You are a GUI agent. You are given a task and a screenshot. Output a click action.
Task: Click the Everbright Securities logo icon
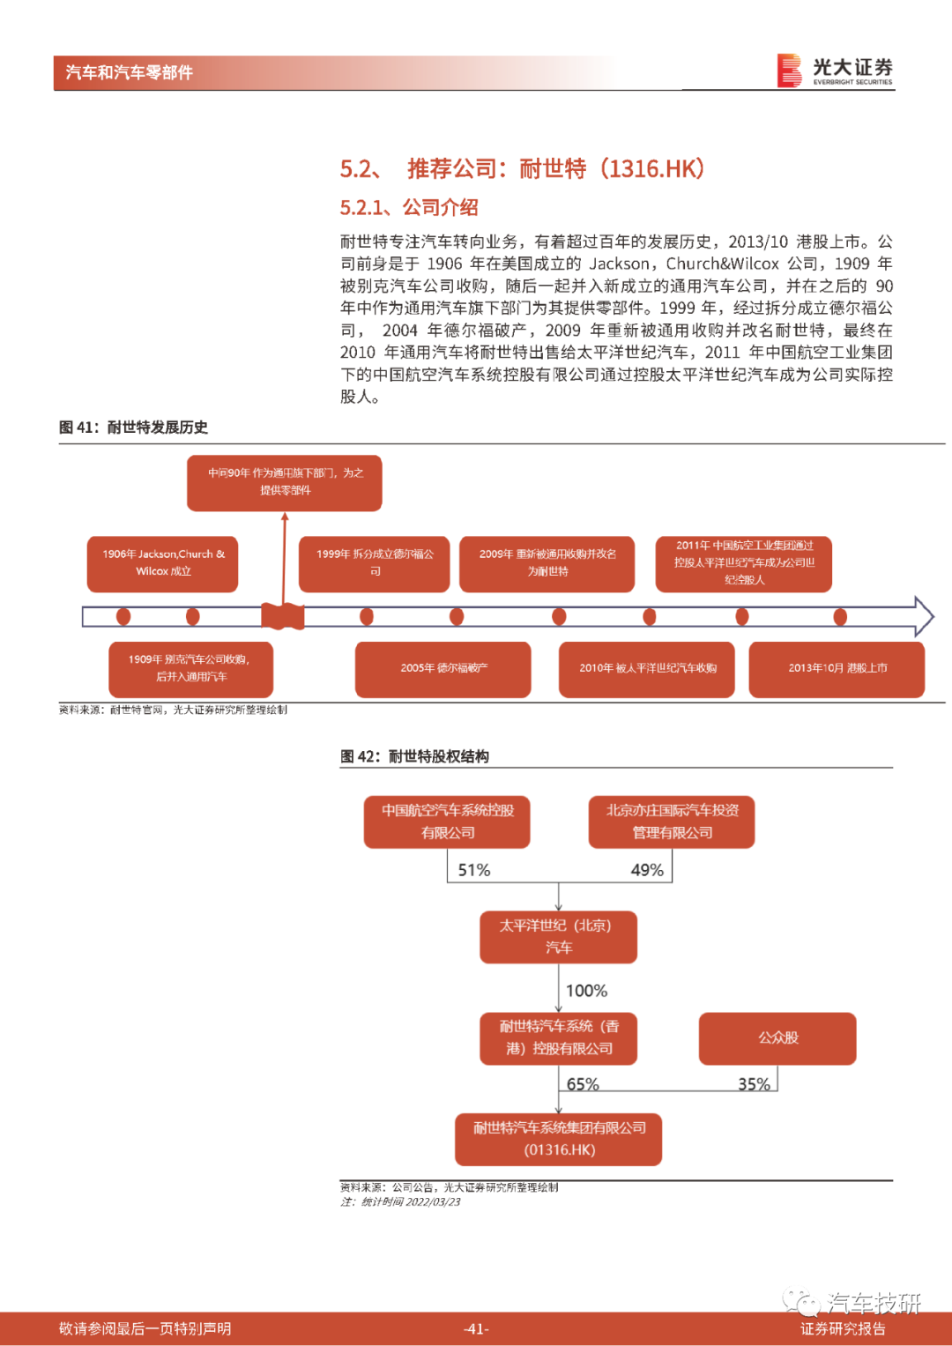(x=789, y=71)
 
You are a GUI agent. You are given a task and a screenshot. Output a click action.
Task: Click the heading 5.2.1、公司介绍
(x=409, y=207)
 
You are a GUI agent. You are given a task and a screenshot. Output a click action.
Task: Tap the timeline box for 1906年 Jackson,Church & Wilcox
(x=162, y=563)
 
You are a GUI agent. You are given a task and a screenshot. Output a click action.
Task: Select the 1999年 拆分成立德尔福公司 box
(x=374, y=563)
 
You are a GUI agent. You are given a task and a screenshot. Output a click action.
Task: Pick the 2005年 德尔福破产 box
(x=443, y=669)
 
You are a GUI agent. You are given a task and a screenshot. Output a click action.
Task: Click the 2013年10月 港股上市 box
(x=837, y=669)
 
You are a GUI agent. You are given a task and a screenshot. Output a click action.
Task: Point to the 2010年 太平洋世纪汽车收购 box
(x=647, y=669)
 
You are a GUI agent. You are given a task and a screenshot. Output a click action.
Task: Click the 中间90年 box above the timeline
(x=284, y=482)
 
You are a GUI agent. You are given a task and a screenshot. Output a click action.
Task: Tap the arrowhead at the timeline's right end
(x=924, y=616)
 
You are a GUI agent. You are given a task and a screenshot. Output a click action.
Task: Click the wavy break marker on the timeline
(x=282, y=616)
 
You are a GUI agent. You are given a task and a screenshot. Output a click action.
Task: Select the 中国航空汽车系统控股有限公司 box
(x=447, y=822)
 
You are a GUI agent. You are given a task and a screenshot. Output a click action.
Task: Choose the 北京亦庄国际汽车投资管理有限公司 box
(x=672, y=822)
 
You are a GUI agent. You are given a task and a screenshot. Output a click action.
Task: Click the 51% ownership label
(x=474, y=869)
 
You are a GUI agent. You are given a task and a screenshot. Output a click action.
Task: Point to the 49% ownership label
(x=647, y=869)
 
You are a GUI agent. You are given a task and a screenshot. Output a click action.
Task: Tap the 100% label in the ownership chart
(x=586, y=990)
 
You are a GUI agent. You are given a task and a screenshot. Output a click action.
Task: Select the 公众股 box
(x=777, y=1037)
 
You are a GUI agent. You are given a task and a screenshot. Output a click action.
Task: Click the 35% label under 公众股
(x=754, y=1084)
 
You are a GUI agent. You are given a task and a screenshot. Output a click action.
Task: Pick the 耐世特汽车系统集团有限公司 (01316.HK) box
(x=558, y=1139)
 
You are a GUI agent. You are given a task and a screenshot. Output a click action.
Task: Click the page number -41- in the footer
(x=476, y=1328)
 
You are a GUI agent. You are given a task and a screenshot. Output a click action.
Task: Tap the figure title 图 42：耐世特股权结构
(x=414, y=756)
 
